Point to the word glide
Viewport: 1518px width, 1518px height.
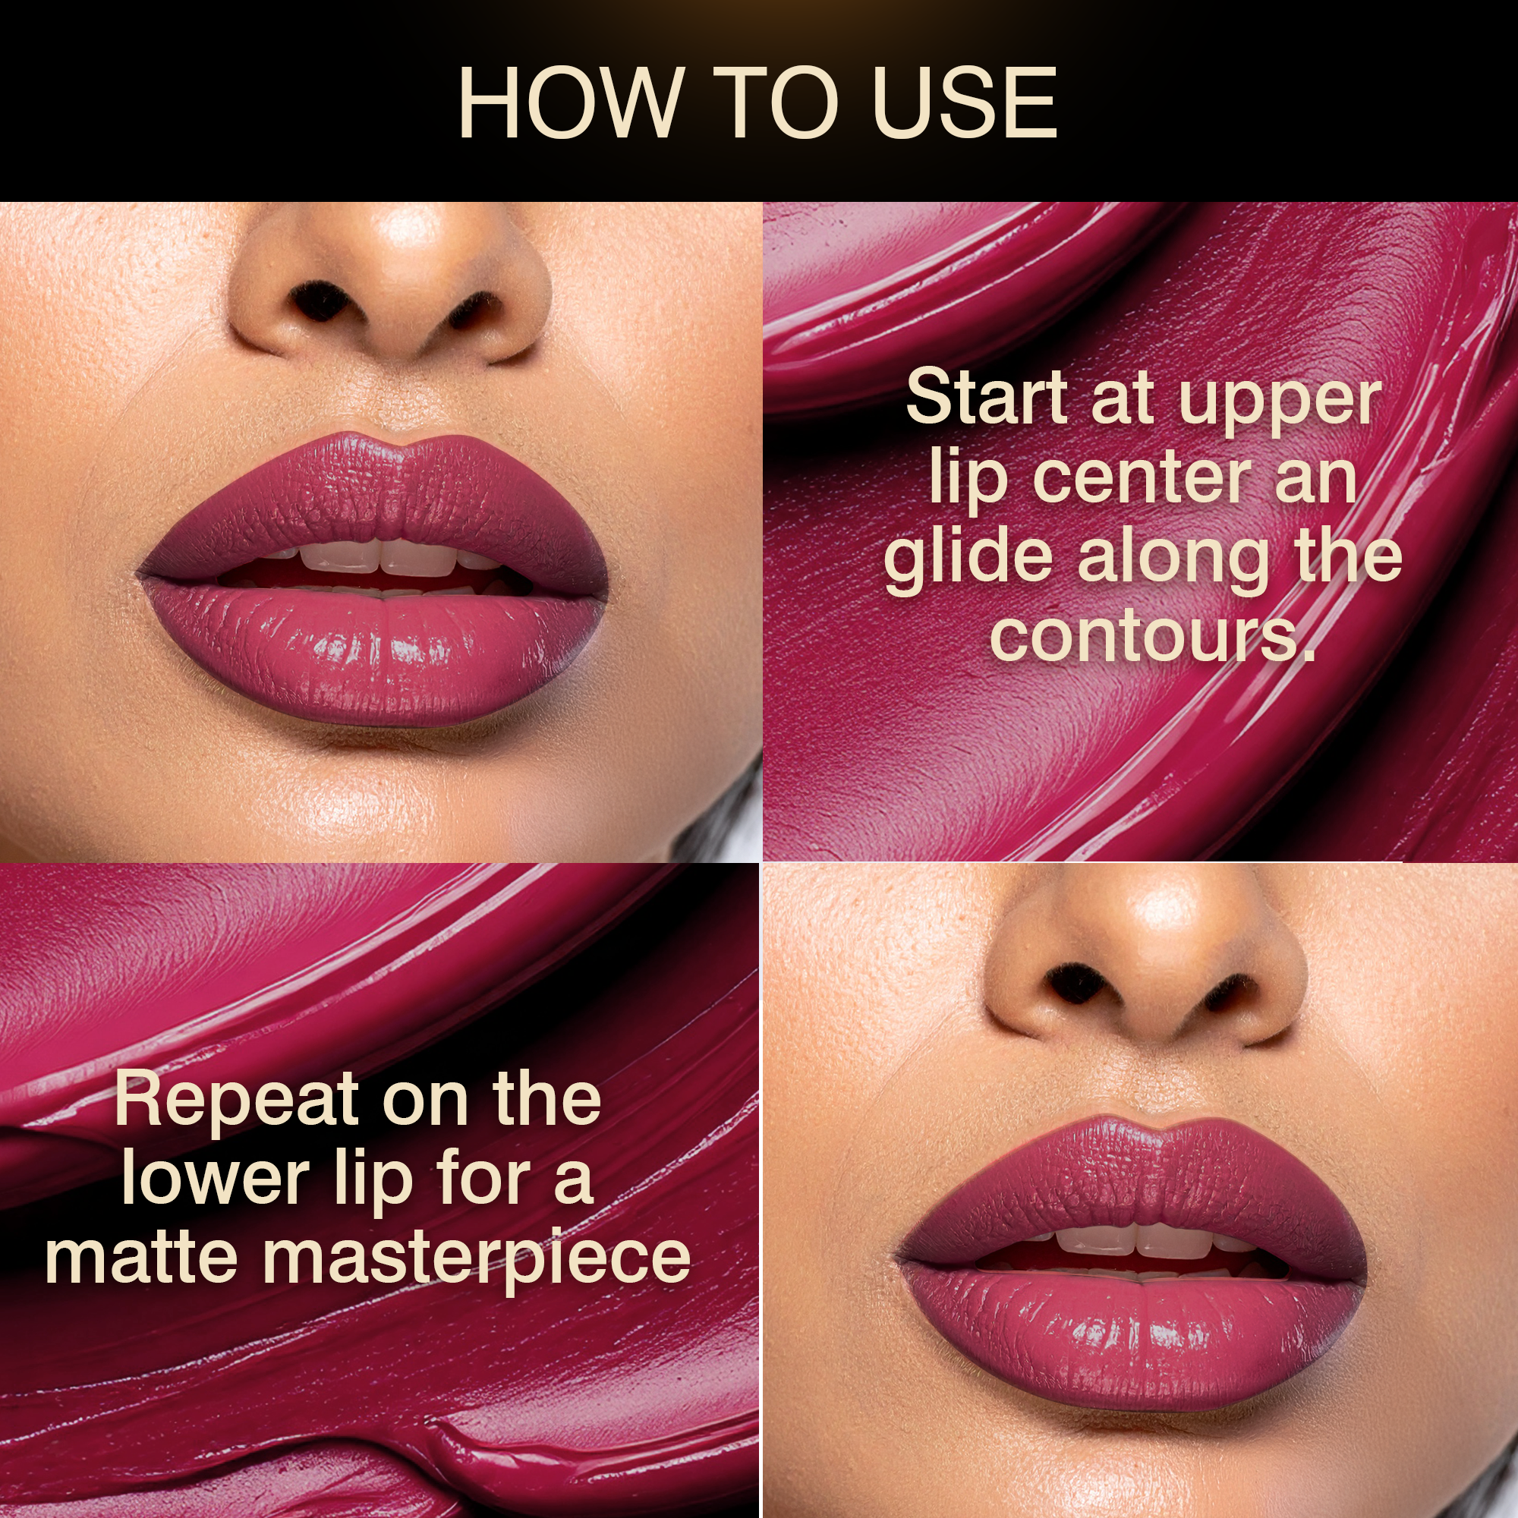(968, 559)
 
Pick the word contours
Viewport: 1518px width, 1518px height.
(1152, 635)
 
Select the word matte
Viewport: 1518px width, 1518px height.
(141, 1256)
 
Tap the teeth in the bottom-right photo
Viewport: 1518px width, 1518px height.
(1139, 1242)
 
